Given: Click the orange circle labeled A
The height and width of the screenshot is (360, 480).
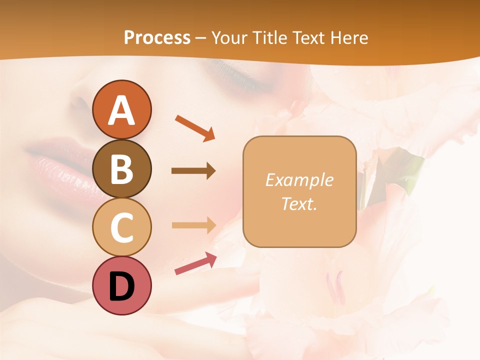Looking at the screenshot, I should [122, 109].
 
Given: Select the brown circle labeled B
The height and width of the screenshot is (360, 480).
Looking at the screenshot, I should [122, 169].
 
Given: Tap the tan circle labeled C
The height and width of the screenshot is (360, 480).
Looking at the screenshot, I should [122, 227].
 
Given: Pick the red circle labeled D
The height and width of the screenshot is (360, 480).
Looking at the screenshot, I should [122, 286].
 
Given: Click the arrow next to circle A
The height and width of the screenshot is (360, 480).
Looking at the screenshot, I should [195, 127].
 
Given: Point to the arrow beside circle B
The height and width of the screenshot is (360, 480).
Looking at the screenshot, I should [193, 171].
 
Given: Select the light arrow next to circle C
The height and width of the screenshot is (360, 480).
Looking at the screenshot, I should [193, 225].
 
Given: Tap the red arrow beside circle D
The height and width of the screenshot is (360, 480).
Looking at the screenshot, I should [195, 263].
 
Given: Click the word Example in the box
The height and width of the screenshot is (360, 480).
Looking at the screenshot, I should [299, 180].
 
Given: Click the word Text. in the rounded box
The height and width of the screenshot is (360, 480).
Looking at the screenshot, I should [299, 203].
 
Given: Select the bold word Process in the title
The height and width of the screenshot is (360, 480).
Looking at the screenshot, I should [157, 37].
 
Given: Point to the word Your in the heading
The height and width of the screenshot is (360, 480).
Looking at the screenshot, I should [228, 37].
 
